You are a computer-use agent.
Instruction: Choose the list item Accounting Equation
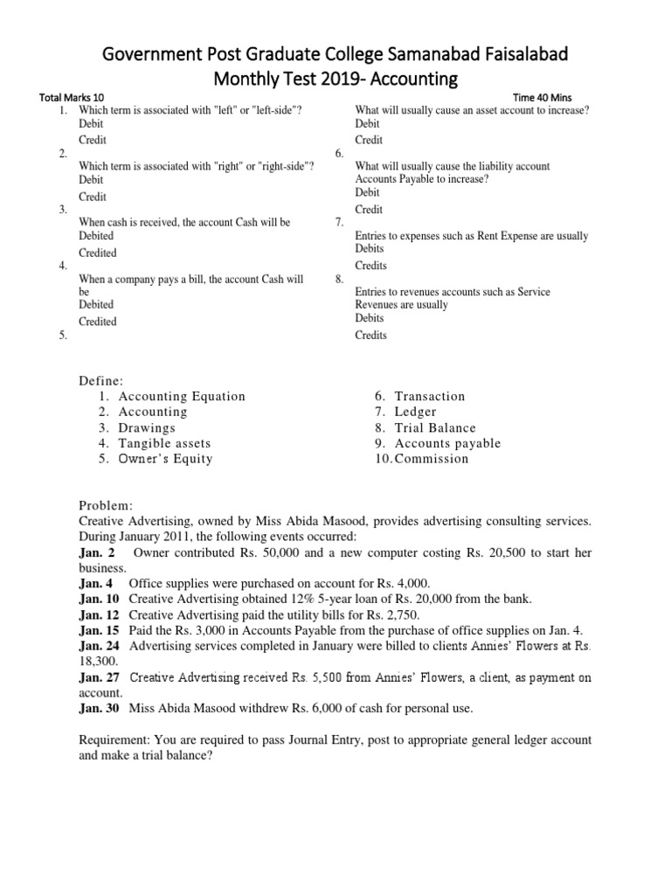coord(182,396)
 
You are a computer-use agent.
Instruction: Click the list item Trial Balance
coord(435,427)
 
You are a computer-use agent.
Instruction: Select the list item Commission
coord(432,459)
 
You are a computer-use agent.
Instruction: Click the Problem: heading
coord(106,505)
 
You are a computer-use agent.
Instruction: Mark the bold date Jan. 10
coord(100,599)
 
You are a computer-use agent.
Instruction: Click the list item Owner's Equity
coord(165,459)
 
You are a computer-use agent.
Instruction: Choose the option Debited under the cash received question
coord(96,236)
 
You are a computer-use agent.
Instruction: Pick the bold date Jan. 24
coord(100,646)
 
